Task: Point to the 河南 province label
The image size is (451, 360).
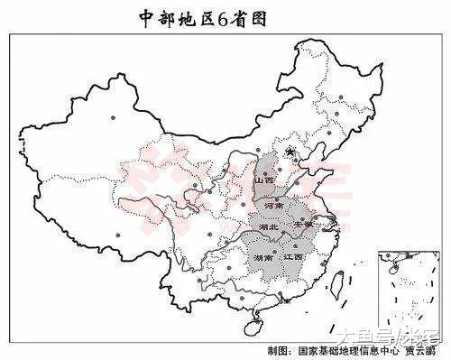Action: (x=276, y=207)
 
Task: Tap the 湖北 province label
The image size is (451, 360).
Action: (x=269, y=228)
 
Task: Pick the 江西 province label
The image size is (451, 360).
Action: (x=293, y=257)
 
